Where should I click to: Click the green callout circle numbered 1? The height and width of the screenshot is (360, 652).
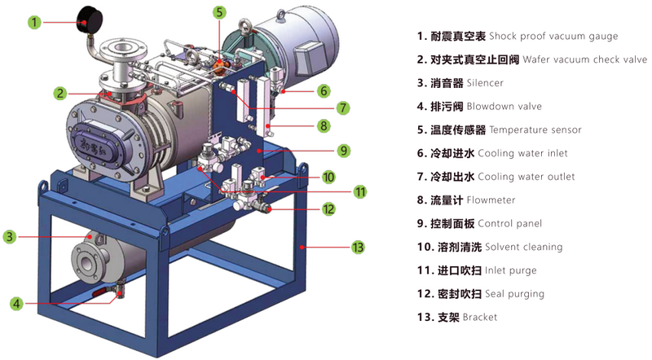(34, 22)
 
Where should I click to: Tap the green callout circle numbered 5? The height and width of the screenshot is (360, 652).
(219, 12)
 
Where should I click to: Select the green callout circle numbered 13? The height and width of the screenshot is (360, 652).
(358, 248)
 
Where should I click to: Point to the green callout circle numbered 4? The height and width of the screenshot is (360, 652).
(16, 304)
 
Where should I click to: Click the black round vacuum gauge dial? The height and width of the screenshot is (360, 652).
(90, 22)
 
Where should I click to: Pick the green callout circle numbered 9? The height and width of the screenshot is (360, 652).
(343, 151)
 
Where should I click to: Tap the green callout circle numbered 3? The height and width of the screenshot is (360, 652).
(10, 237)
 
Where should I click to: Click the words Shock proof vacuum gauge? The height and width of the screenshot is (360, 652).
(553, 37)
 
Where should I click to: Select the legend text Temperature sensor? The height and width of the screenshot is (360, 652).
(535, 130)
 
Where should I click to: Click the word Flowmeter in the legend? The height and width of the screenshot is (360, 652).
(491, 200)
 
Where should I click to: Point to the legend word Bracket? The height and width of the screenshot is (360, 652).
(480, 317)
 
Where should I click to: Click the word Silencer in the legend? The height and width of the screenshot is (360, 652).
(485, 83)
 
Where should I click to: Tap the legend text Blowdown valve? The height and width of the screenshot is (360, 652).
(504, 107)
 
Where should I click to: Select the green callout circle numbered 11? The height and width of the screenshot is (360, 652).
(360, 192)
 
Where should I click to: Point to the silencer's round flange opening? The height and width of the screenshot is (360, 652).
(86, 263)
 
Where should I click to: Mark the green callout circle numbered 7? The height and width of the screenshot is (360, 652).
(343, 108)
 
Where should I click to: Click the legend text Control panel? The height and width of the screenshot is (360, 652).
(510, 224)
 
